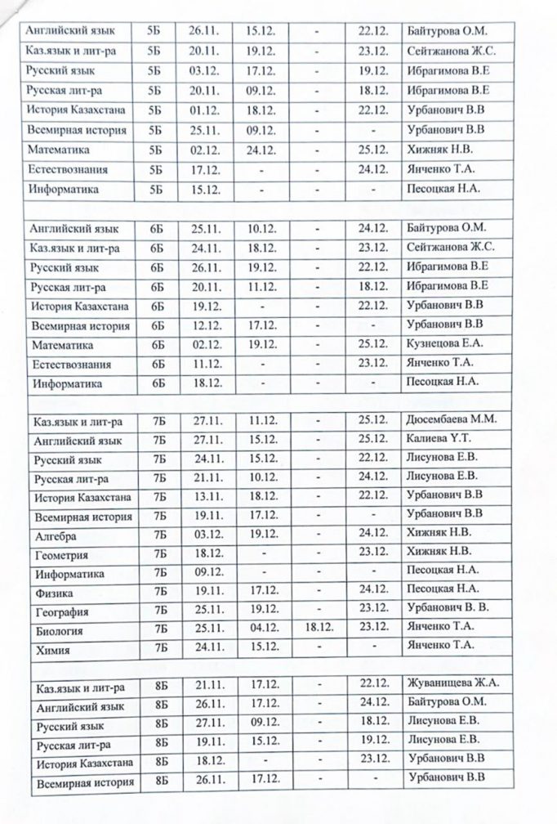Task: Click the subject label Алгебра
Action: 56,536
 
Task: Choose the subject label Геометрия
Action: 61,555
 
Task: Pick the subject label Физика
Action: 53,593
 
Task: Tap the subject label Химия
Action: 51,651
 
